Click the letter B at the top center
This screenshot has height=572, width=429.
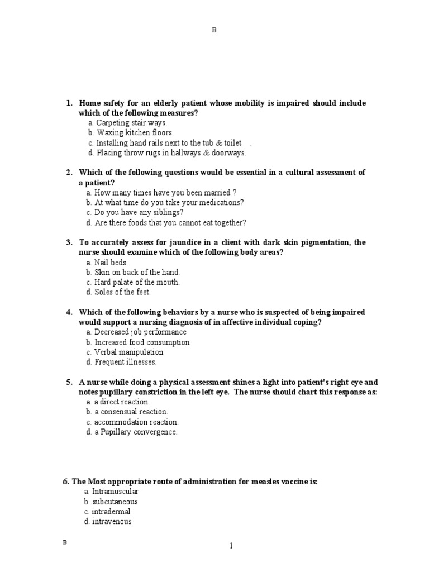pyautogui.click(x=214, y=30)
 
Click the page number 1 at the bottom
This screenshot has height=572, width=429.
pyautogui.click(x=231, y=546)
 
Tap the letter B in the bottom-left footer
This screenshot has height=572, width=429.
pyautogui.click(x=64, y=542)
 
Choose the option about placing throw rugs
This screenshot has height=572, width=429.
pyautogui.click(x=171, y=152)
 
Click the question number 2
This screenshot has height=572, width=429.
pyautogui.click(x=69, y=173)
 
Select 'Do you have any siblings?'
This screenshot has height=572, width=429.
pyautogui.click(x=139, y=213)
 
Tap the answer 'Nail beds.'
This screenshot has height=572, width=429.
pyautogui.click(x=111, y=262)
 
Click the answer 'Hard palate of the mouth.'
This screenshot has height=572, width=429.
pyautogui.click(x=137, y=282)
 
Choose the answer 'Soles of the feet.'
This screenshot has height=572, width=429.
pyautogui.click(x=122, y=292)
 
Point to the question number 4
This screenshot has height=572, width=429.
pyautogui.click(x=69, y=312)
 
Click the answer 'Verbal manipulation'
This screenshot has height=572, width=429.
pyautogui.click(x=128, y=352)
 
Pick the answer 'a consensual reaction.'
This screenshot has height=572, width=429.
pyautogui.click(x=132, y=412)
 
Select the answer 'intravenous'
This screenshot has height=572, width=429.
pyautogui.click(x=112, y=522)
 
